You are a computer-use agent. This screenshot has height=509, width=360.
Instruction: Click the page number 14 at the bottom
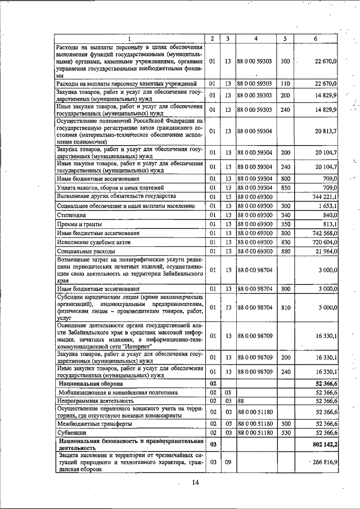click(196, 482)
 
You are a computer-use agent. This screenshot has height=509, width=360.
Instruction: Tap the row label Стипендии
click(69, 214)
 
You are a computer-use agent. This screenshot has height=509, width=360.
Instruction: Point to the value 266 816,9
click(322, 462)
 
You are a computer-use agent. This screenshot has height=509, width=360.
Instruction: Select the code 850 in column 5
click(285, 187)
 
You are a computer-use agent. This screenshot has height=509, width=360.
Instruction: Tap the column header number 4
click(256, 38)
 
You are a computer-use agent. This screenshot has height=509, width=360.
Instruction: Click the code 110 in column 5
click(285, 84)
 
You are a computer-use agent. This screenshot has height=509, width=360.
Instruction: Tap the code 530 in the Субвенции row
click(285, 433)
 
